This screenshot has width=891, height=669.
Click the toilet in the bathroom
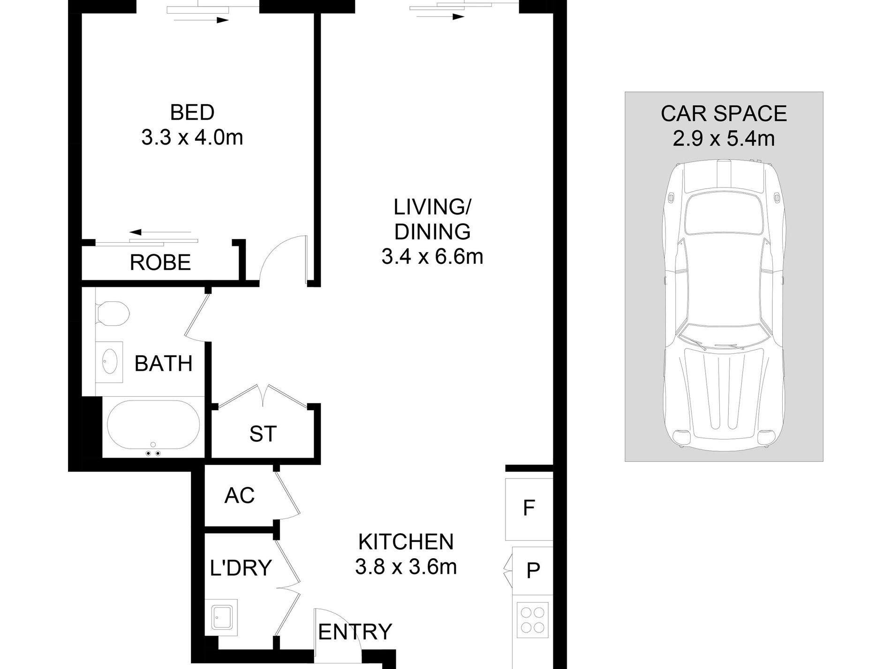[113, 313]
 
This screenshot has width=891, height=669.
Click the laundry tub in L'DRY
[223, 616]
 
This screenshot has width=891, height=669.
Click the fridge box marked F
[529, 508]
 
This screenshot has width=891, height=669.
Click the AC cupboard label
[239, 495]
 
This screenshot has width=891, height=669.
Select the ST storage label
[263, 434]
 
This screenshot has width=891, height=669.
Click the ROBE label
[160, 262]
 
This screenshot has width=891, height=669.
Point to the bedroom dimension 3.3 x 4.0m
[192, 138]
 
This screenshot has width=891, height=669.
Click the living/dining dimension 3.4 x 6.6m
[432, 257]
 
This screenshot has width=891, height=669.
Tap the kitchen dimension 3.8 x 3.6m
[406, 567]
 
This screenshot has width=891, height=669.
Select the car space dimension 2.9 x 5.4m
[724, 139]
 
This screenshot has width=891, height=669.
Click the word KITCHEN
[406, 542]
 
